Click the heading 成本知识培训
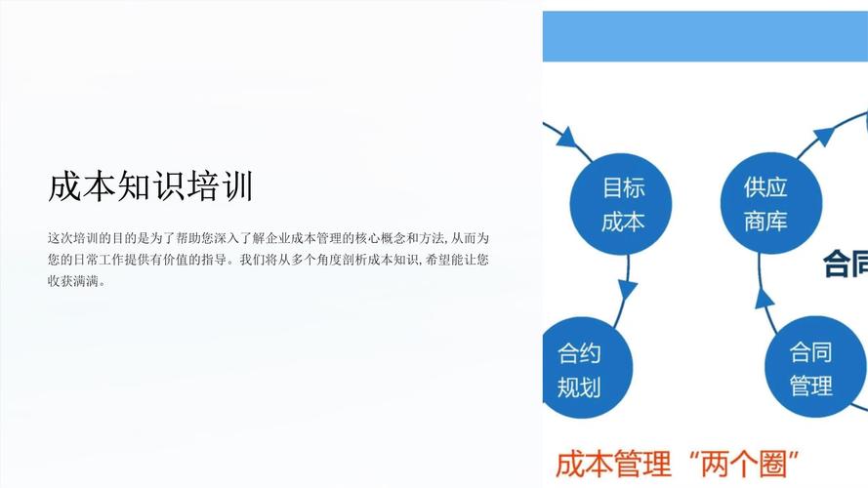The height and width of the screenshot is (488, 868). (150, 186)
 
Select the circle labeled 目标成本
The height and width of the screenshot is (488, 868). (623, 204)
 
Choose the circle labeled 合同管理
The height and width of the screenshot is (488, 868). (810, 368)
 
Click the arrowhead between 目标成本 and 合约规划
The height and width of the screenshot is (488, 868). (627, 290)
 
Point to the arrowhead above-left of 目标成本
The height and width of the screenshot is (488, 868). (565, 137)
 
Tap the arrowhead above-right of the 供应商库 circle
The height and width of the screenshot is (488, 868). (823, 136)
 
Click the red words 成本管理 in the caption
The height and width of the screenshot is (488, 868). (614, 462)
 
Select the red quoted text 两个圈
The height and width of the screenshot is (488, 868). (745, 462)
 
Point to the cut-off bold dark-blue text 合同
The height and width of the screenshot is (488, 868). (846, 264)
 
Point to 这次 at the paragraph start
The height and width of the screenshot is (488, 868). (59, 238)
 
